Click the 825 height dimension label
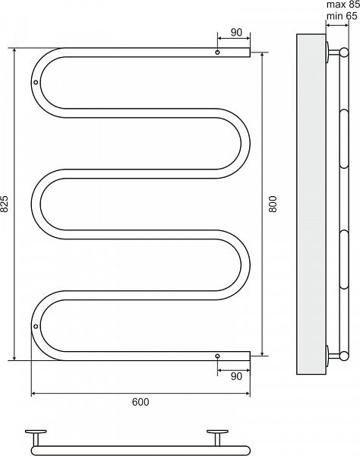click(x=5, y=204)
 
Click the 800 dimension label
click(x=273, y=204)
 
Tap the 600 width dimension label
click(x=141, y=402)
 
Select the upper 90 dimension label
click(x=236, y=32)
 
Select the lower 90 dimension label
click(x=236, y=376)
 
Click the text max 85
click(x=343, y=5)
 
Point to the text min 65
click(x=342, y=16)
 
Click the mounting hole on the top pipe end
click(x=217, y=52)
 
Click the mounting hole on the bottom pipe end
click(x=217, y=356)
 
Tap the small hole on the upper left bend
click(x=36, y=82)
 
